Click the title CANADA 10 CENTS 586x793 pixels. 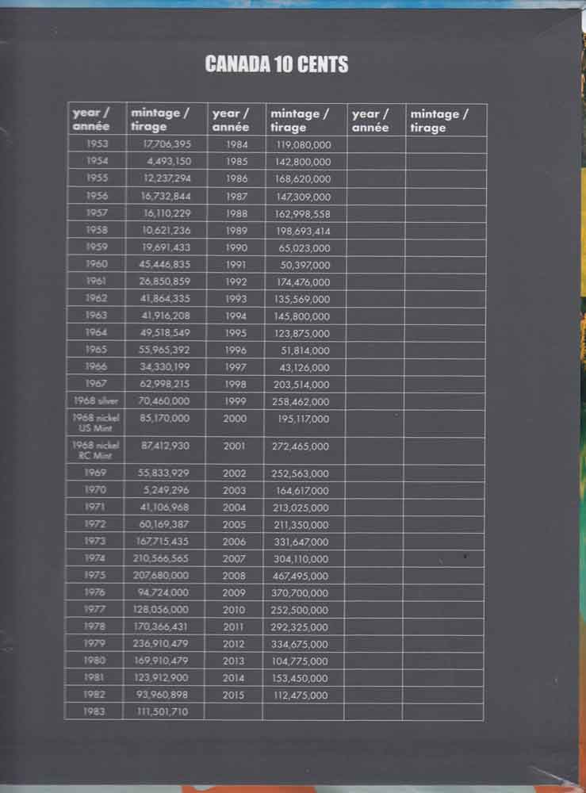276,64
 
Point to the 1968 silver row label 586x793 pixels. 95,401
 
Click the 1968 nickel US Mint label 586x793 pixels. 95,423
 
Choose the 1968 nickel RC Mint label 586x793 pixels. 95,450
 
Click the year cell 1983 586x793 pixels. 95,712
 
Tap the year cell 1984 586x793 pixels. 236,144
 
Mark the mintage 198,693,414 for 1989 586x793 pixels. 302,231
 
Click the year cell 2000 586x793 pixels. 235,418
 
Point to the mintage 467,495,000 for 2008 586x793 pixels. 302,576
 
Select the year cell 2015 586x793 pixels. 235,695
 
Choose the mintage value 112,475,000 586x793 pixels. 302,695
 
